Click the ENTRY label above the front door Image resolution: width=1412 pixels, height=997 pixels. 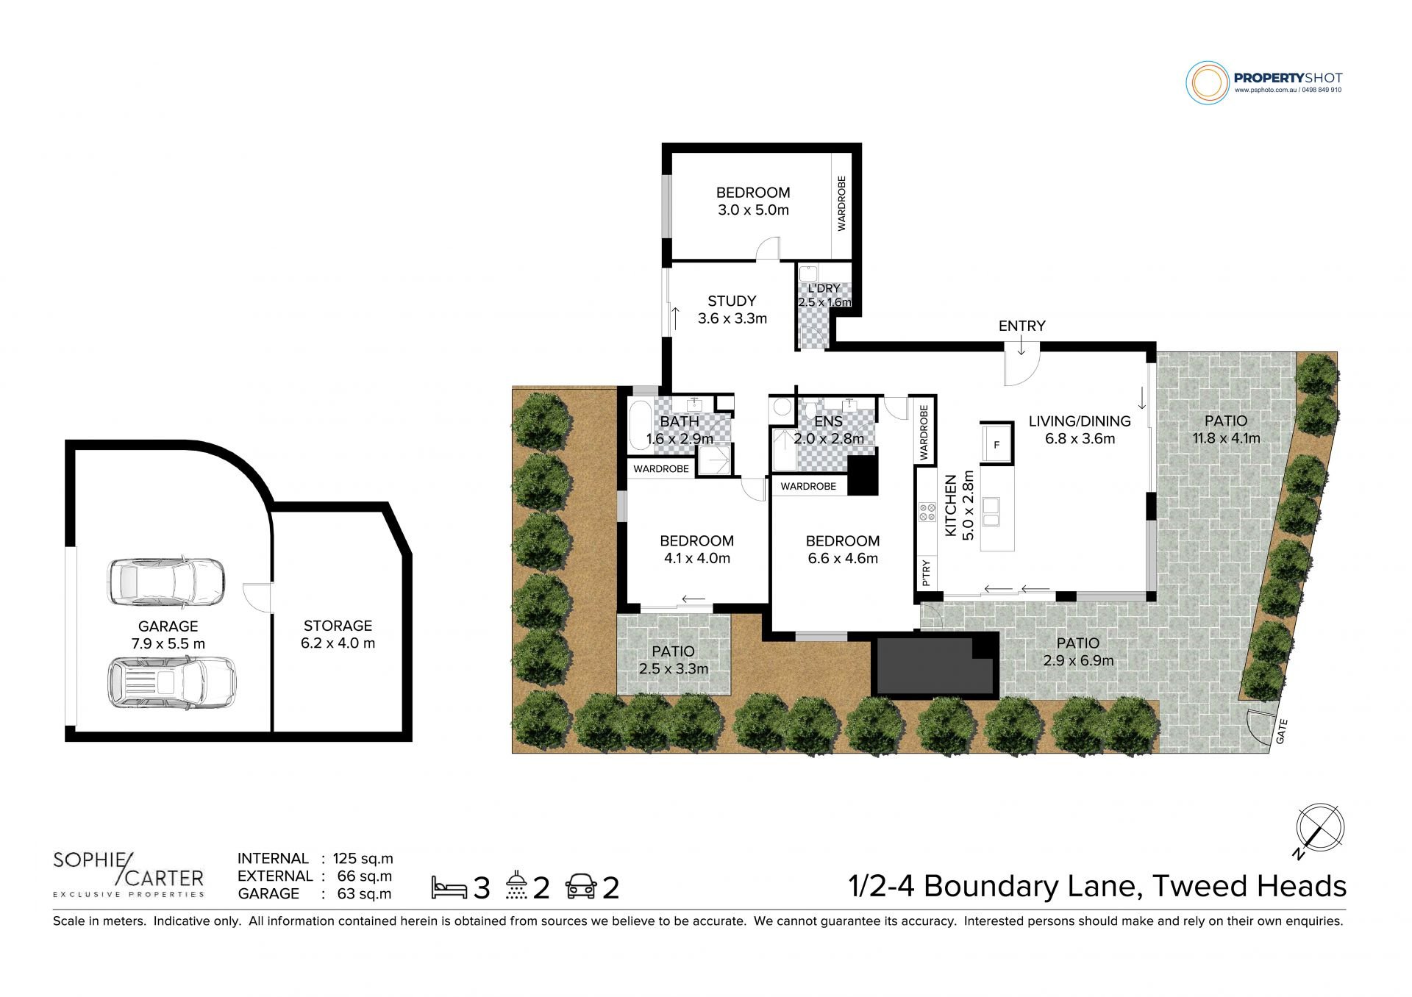click(x=1021, y=326)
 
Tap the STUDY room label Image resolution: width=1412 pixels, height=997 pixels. click(x=732, y=301)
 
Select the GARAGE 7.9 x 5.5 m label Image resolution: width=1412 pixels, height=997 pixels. click(x=168, y=635)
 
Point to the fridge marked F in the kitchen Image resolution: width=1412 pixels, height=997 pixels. click(x=996, y=444)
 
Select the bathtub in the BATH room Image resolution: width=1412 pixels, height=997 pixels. click(x=640, y=425)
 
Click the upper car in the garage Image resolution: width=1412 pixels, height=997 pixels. click(x=166, y=582)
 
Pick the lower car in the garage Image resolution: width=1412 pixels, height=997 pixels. click(x=172, y=682)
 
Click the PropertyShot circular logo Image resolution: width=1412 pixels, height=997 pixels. click(x=1208, y=82)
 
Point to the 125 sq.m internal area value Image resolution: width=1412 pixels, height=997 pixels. click(x=363, y=858)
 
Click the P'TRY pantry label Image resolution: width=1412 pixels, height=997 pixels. click(x=925, y=573)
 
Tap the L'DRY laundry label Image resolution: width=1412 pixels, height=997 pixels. click(x=824, y=288)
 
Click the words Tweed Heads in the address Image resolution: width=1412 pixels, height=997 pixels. click(x=1249, y=886)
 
